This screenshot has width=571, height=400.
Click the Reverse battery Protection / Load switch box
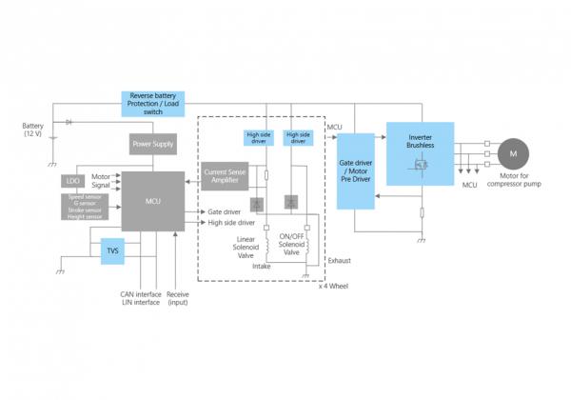coord(151,104)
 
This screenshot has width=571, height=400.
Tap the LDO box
coord(72,180)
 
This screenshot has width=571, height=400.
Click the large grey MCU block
coord(152,203)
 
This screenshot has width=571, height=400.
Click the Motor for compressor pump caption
coord(514,179)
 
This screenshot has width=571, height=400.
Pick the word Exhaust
coord(339,259)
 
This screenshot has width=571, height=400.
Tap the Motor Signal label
coord(100,181)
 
